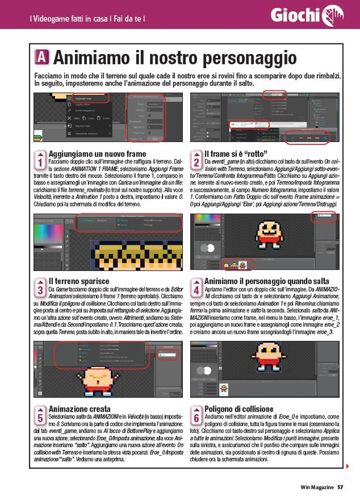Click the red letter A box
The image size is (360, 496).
click(42, 58)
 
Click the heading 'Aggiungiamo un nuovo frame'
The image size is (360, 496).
click(97, 154)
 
